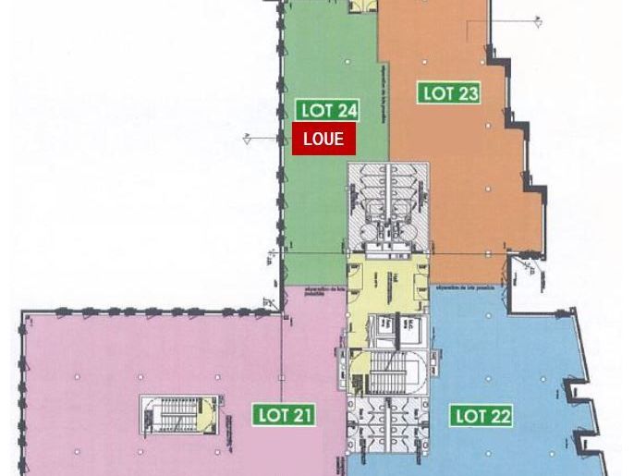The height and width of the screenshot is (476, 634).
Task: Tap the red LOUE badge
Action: [x=323, y=140]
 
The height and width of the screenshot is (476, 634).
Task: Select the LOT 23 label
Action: [x=449, y=92]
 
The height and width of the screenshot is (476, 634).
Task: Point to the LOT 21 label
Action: [x=284, y=415]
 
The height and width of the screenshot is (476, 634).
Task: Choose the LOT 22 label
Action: [x=482, y=416]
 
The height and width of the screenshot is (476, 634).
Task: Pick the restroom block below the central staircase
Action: [x=388, y=424]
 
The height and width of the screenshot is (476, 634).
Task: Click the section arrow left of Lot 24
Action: [x=250, y=140]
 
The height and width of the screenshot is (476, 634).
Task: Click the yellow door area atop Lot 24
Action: [x=361, y=5]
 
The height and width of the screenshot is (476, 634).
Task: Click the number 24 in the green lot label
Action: [x=346, y=110]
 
